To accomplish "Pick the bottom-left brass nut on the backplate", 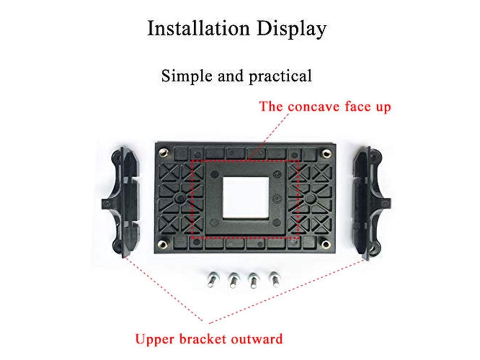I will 163,244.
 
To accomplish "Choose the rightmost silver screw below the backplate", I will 273,280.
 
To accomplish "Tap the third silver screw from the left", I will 253,280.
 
